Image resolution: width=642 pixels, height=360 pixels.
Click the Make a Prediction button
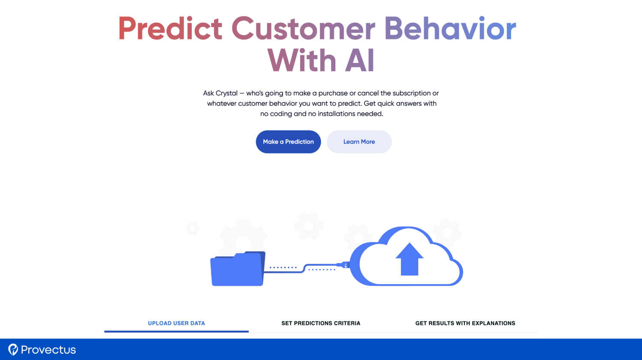[x=288, y=142]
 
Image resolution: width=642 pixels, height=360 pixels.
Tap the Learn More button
[x=359, y=142]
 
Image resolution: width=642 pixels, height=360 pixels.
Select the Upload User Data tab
[x=176, y=323]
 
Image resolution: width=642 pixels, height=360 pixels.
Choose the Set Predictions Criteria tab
[x=321, y=323]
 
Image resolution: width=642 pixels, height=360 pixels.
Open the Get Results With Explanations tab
[x=465, y=323]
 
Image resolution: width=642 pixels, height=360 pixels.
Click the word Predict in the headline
[x=170, y=28]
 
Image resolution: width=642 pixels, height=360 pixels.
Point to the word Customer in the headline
[x=303, y=28]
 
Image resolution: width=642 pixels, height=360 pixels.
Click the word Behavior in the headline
[x=450, y=28]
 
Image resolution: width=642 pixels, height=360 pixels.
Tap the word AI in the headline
[x=360, y=60]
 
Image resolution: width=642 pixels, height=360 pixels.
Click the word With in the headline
[x=302, y=60]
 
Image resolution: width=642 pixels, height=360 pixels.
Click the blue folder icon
[x=238, y=269]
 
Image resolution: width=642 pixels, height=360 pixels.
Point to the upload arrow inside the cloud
[x=409, y=259]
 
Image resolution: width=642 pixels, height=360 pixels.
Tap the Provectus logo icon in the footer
[x=13, y=349]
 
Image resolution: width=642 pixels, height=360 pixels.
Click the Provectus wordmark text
[x=48, y=350]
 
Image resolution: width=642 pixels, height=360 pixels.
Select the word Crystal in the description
[x=226, y=93]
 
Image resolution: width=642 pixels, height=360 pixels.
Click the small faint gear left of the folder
[x=192, y=228]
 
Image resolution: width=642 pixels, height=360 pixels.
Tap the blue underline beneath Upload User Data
[x=176, y=331]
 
